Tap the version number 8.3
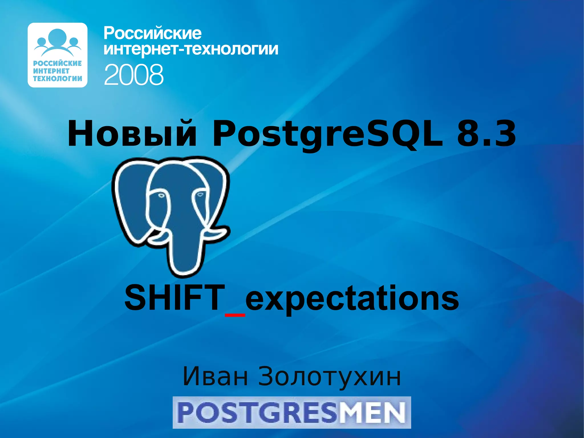[486, 134]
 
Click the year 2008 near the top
[134, 74]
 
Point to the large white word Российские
[153, 34]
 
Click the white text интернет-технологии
[191, 49]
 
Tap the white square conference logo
[57, 55]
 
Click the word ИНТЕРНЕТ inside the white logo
[51, 71]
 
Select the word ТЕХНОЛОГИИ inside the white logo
[57, 78]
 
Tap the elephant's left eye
[161, 196]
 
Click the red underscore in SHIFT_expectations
[235, 315]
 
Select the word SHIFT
[175, 298]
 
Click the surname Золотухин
[329, 377]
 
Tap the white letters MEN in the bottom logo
[372, 413]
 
